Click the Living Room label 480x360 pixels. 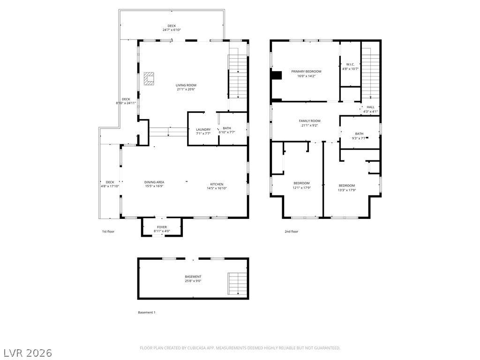click(x=186, y=85)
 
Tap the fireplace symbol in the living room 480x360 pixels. click(x=149, y=79)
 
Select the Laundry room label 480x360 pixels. click(x=203, y=129)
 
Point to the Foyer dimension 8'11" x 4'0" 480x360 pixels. click(x=162, y=231)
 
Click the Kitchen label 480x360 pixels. click(x=217, y=184)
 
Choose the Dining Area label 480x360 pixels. click(x=154, y=182)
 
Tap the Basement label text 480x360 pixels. click(x=193, y=277)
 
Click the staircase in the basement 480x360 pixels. click(x=238, y=284)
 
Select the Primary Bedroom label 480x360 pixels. click(x=306, y=72)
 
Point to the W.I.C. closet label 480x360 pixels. click(x=350, y=64)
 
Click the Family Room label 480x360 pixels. click(x=310, y=121)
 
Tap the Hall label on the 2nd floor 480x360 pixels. click(x=370, y=107)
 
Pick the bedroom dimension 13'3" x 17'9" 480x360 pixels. click(x=347, y=190)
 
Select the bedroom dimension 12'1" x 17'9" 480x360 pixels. click(x=302, y=187)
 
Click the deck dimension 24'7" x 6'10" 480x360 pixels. click(x=172, y=30)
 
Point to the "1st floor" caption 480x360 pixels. click(x=108, y=232)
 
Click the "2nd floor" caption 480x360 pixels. click(x=292, y=232)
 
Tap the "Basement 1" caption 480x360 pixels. click(x=147, y=313)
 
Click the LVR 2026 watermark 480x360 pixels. click(x=26, y=353)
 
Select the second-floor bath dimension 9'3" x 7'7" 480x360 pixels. click(x=359, y=138)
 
